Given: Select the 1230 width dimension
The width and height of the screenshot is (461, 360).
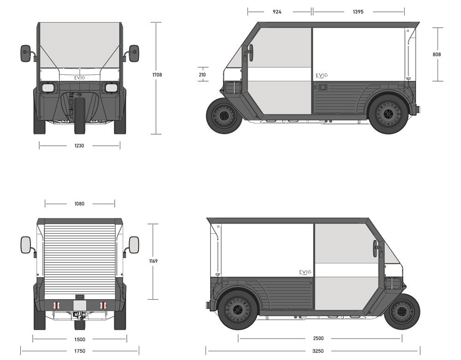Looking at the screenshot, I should (x=79, y=146).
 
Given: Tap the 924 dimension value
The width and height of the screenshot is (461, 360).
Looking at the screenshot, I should (x=277, y=12).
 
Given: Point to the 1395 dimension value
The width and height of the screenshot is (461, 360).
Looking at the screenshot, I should (x=358, y=12).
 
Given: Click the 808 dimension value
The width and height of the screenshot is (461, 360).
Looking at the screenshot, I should (x=437, y=54).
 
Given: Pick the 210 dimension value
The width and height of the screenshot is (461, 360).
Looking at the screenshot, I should (x=202, y=75).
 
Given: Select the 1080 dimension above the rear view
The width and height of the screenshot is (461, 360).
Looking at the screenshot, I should (x=79, y=204).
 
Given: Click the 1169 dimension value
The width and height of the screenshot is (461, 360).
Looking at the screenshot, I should (x=154, y=261).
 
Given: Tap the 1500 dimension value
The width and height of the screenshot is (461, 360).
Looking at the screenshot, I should (x=79, y=339).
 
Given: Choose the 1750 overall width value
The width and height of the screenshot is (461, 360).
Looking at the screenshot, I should (x=79, y=351).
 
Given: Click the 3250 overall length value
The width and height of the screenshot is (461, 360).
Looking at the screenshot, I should (x=318, y=351).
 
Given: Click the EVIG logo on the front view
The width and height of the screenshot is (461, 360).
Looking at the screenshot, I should (x=79, y=78).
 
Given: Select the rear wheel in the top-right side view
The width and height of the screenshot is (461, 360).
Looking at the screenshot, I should (x=388, y=113).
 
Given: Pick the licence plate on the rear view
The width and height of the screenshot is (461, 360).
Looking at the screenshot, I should (x=80, y=305).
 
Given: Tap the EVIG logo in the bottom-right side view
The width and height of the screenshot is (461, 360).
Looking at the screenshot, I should (x=305, y=272).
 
